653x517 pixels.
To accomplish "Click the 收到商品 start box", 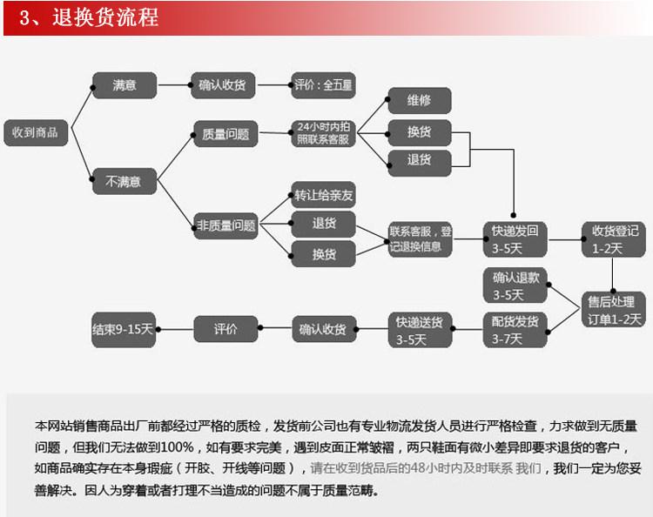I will [35, 132].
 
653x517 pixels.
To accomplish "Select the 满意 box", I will [124, 85].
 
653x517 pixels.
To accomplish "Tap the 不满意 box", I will [124, 182].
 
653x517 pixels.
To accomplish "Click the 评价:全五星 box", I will [323, 85].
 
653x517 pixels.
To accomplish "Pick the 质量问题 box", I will [226, 134].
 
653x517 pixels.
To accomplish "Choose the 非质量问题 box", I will [226, 226].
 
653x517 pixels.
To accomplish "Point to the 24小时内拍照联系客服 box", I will [323, 133].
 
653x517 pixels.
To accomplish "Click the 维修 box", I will [420, 100].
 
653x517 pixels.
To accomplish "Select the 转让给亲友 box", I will [324, 195].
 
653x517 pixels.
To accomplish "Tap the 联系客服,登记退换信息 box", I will [421, 238].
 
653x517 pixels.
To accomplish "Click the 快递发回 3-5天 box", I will [515, 238].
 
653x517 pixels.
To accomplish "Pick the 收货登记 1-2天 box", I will [613, 238].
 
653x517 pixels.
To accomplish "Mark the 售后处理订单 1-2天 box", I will [615, 310].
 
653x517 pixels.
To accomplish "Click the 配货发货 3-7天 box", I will [515, 330].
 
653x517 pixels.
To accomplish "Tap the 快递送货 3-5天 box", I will [420, 330].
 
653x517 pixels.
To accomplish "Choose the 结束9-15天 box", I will [123, 330].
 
